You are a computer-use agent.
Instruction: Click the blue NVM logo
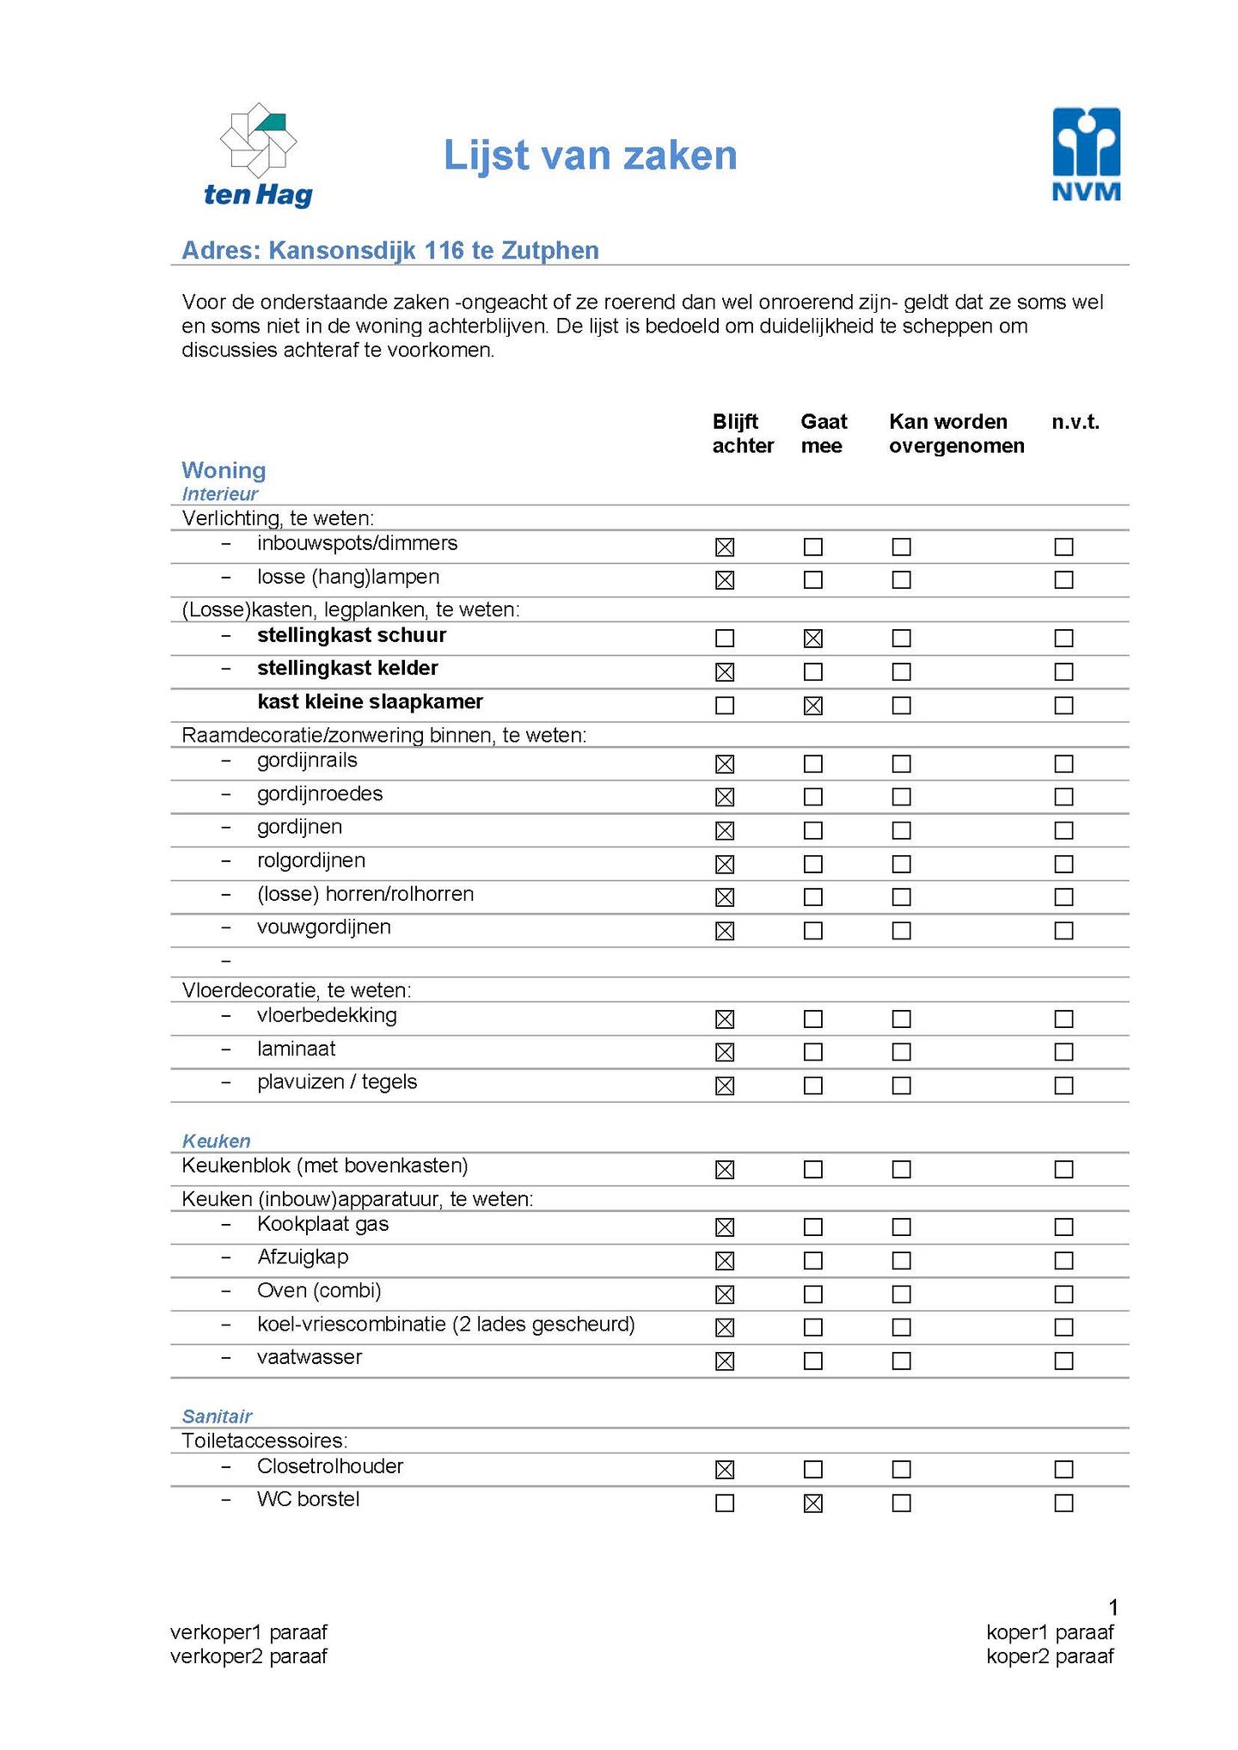coord(1087,154)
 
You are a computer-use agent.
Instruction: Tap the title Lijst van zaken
coord(590,156)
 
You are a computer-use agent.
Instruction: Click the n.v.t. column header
coord(1076,422)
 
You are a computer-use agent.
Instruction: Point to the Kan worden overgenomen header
coord(956,433)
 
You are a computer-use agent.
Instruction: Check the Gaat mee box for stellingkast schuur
coord(812,639)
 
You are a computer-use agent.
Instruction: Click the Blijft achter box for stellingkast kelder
coord(725,672)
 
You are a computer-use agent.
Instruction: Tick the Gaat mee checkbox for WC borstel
coord(812,1503)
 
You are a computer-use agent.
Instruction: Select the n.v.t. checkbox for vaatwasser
coord(1063,1361)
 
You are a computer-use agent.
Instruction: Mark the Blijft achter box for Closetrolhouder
coord(725,1470)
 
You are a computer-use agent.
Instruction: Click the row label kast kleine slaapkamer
coord(370,702)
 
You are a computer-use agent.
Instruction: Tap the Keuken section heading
coord(217,1141)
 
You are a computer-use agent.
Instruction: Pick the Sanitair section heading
coord(218,1417)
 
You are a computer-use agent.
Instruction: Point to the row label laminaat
coord(296,1049)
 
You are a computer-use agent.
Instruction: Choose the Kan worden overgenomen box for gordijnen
coord(901,831)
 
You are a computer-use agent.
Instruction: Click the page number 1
coord(1113,1607)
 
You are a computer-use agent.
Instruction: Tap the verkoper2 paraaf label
coord(248,1656)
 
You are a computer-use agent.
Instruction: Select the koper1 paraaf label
coord(1050,1632)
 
